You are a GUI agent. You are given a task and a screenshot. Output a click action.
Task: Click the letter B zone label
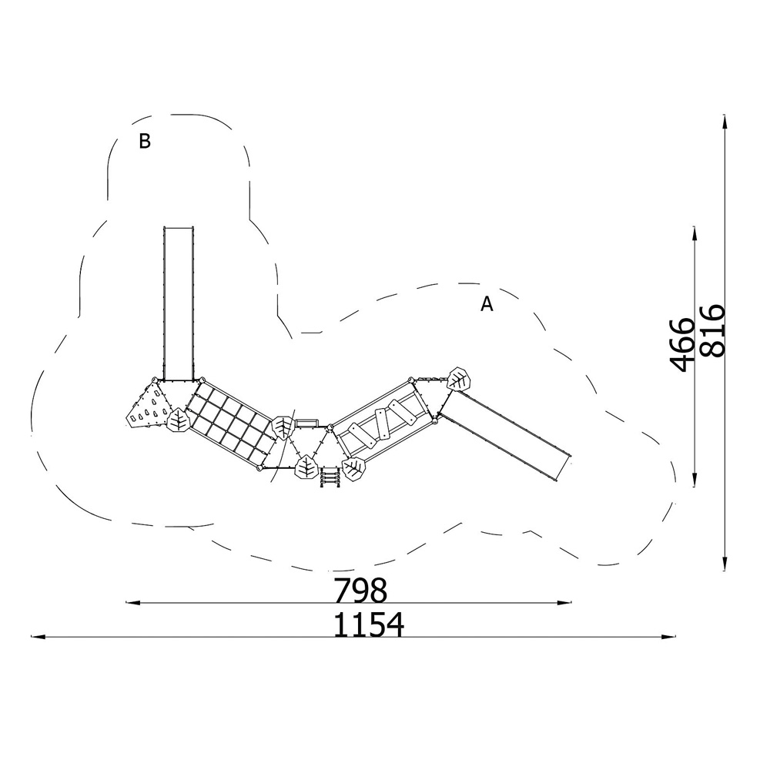coord(145,141)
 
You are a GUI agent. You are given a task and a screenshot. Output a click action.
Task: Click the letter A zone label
coord(486,304)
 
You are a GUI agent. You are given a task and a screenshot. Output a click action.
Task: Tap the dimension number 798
coord(360,590)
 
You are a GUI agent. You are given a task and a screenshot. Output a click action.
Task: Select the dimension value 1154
coord(368,624)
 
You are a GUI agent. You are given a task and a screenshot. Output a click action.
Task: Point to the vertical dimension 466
coord(682,344)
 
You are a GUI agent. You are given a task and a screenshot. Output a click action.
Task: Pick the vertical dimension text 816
coord(712,330)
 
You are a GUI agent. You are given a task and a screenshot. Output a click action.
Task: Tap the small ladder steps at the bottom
coord(330,477)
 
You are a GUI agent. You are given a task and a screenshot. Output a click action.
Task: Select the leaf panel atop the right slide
coord(459,379)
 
